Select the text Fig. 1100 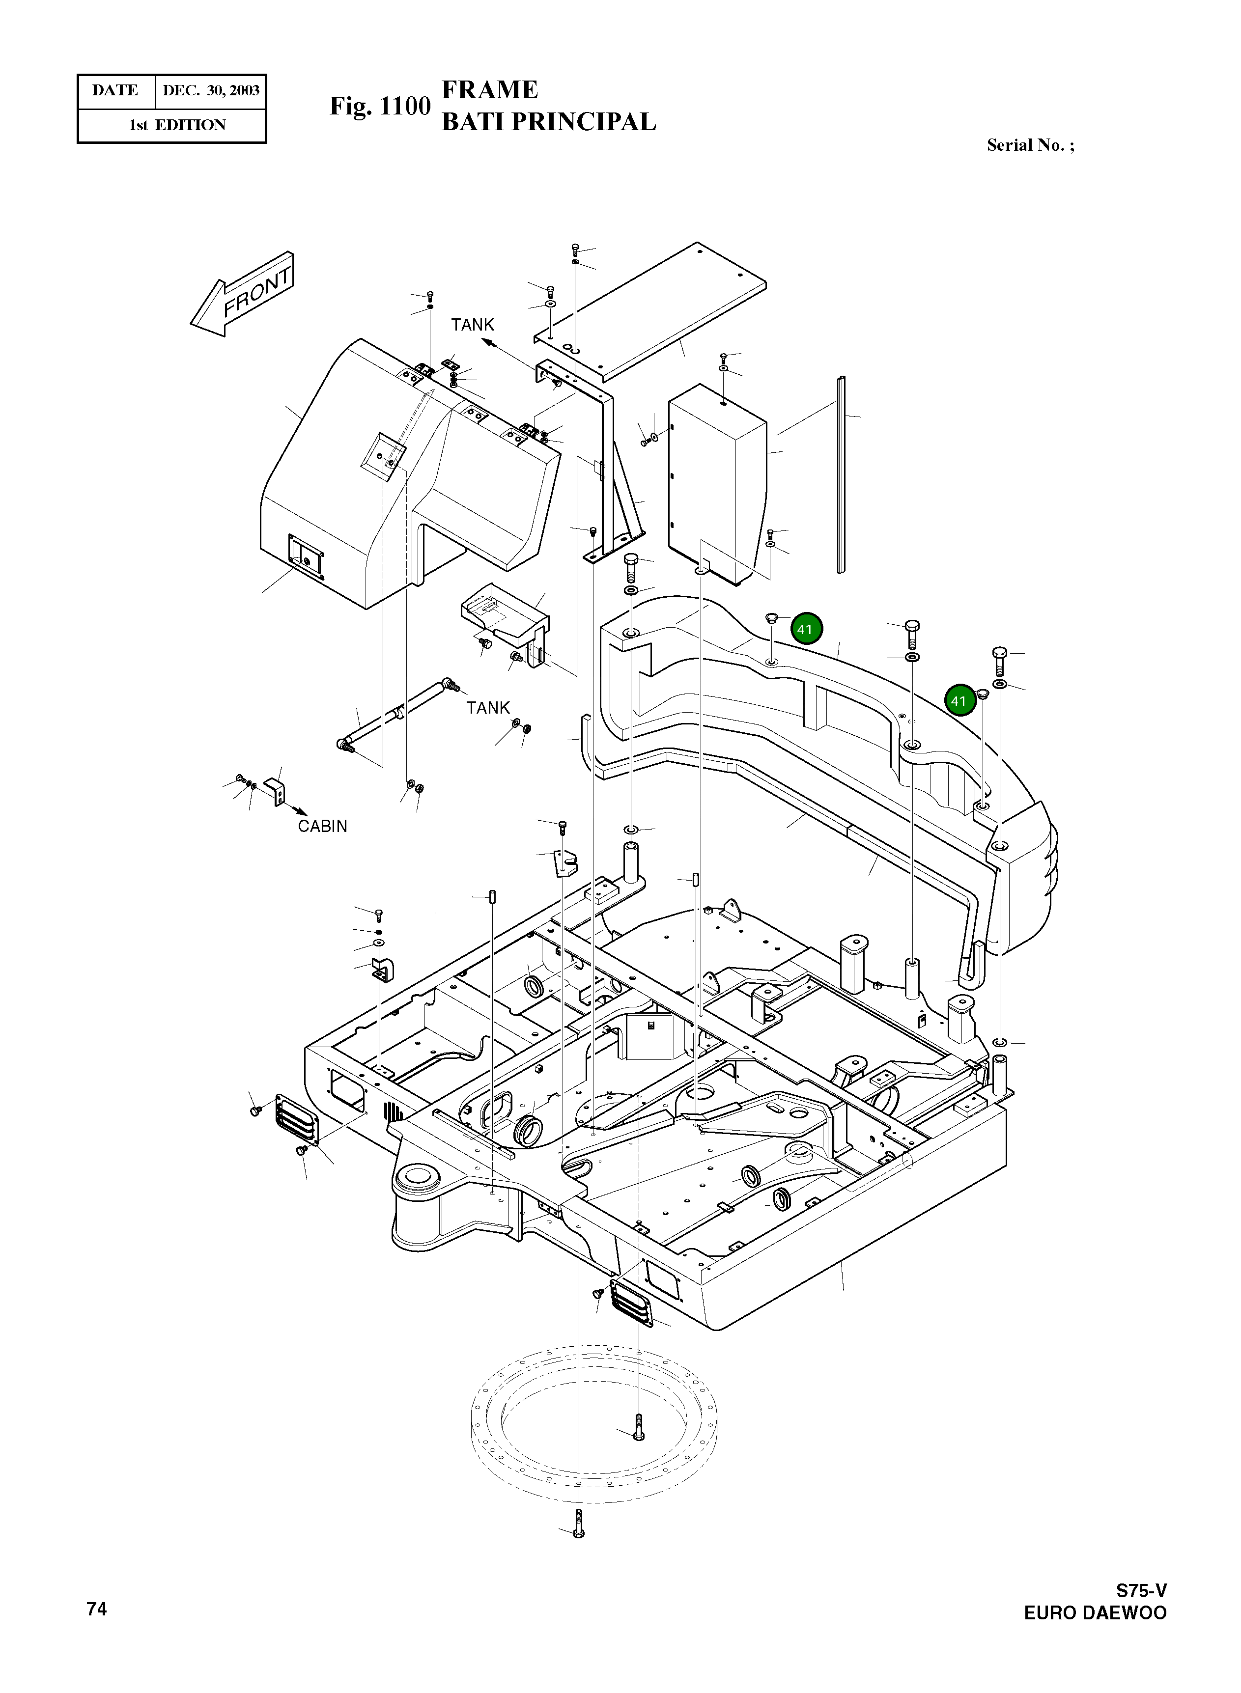coord(380,106)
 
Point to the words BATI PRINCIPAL coord(548,122)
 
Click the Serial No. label coord(1030,145)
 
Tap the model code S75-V coord(1140,1590)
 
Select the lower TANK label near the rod coord(487,707)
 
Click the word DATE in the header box coord(115,91)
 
